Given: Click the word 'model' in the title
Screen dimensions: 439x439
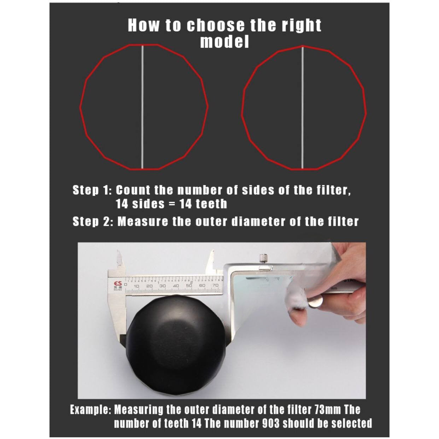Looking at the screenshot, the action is (x=224, y=42).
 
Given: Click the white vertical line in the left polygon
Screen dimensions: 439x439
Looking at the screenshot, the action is (x=142, y=107).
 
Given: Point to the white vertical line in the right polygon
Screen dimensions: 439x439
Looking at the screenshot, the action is (x=303, y=107).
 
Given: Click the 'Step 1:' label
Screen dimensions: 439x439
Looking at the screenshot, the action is (x=92, y=190).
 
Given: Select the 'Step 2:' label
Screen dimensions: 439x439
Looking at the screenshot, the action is (x=93, y=221).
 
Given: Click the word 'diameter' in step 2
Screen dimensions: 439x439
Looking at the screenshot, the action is (x=258, y=221).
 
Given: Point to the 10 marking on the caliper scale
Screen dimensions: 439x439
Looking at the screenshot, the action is (x=136, y=286).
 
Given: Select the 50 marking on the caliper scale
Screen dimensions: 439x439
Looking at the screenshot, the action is (x=189, y=286).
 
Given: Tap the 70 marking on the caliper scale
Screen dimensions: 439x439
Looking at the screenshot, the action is (x=215, y=285).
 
